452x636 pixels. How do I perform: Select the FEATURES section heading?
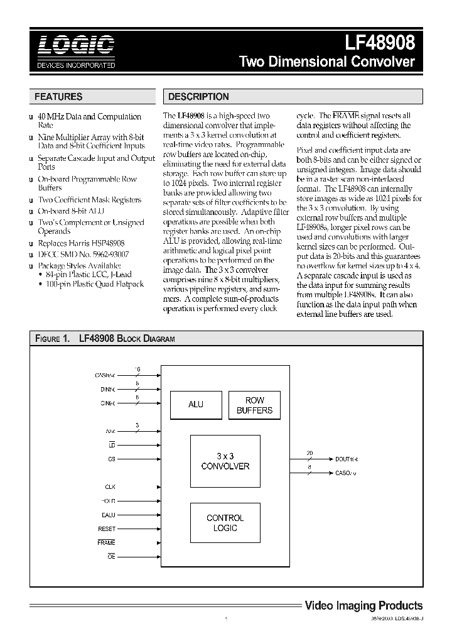click(58, 97)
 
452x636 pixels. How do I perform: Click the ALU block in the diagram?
click(196, 404)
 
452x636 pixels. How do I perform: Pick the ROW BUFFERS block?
click(254, 405)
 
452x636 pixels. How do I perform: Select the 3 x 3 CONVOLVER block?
click(225, 461)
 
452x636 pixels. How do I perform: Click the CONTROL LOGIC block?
click(225, 523)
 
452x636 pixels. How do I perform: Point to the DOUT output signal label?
click(346, 459)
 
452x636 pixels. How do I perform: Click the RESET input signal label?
click(107, 529)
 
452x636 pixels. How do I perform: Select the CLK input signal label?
click(110, 487)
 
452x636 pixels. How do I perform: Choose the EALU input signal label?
click(109, 515)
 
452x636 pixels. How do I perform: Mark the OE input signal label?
click(111, 557)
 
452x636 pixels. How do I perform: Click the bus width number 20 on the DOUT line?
click(308, 452)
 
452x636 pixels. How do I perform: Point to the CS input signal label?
click(111, 459)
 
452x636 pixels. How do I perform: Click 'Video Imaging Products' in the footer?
click(363, 606)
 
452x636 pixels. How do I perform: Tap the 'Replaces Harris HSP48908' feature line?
click(81, 243)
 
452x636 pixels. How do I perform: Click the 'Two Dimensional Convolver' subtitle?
click(327, 62)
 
